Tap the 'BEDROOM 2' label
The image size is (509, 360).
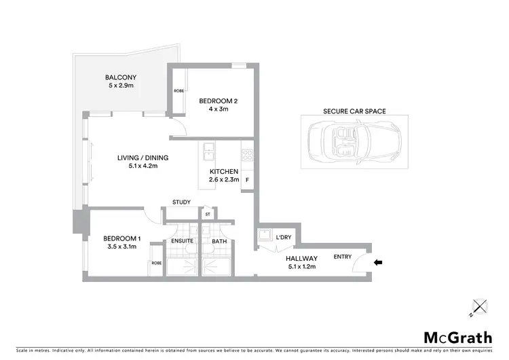coord(217,101)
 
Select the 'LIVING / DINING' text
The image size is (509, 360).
coord(143,158)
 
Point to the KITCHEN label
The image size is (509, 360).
coord(223,171)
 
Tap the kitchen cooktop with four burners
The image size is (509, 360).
coord(246,154)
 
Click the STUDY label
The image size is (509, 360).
coord(181,202)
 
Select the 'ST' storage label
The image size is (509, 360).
coord(207,215)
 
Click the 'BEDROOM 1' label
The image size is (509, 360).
coord(122,238)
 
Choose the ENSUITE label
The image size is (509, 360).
coord(183,240)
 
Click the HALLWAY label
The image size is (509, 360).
coord(301,258)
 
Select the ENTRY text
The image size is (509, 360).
coord(343,256)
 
